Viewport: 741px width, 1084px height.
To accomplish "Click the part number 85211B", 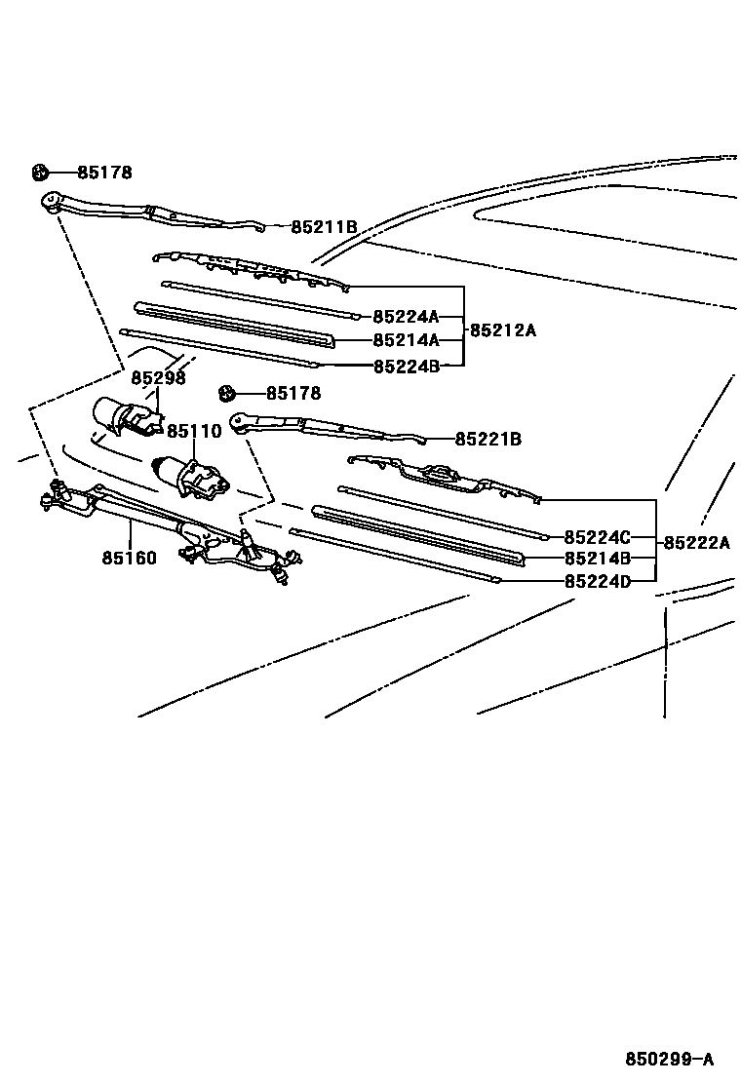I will (324, 227).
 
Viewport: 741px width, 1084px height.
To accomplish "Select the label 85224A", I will (405, 316).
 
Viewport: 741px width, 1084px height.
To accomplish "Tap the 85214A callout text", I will (405, 340).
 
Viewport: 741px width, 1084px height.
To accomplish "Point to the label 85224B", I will (405, 367).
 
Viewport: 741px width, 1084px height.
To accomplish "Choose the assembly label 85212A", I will (503, 329).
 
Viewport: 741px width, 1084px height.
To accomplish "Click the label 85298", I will (158, 378).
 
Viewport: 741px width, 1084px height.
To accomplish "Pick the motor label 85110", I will (194, 431).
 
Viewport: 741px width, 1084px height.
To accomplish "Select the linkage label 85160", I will (129, 559).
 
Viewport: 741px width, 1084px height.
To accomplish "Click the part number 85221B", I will (487, 440).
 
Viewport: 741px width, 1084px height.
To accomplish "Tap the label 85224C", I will (597, 536).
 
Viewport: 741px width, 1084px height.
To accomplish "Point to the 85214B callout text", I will (597, 559).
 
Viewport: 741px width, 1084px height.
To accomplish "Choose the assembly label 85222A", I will (696, 543).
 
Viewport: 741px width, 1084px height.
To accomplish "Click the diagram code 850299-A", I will (670, 1059).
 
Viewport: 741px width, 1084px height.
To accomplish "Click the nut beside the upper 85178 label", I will (40, 174).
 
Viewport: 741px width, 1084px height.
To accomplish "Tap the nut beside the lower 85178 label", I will (227, 394).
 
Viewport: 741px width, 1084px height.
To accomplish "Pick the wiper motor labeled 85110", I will (190, 475).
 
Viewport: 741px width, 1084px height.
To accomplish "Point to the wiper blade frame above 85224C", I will (444, 476).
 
